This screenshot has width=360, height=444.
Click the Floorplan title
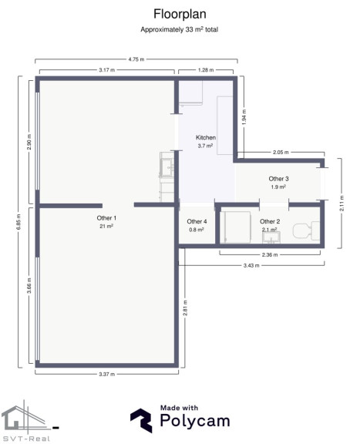(180, 14)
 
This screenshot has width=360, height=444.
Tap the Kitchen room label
(206, 138)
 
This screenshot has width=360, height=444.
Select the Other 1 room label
(106, 218)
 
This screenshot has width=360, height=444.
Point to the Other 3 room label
(278, 179)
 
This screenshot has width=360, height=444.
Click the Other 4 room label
(197, 221)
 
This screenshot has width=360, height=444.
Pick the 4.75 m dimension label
(136, 59)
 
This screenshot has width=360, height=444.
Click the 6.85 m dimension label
(19, 222)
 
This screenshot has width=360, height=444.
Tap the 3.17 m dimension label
(107, 70)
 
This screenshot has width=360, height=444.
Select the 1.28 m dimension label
(206, 70)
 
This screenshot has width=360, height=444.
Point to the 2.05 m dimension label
(281, 153)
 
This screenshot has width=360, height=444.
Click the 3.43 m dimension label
(251, 266)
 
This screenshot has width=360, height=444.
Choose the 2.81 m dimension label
(185, 308)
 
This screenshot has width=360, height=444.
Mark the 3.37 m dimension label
(107, 375)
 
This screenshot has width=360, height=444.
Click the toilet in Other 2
(307, 231)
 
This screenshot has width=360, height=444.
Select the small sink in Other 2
(271, 237)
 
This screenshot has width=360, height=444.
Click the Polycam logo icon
(141, 421)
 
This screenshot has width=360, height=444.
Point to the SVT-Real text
(25, 439)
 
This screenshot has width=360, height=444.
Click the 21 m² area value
(106, 227)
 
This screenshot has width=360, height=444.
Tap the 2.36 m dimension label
(270, 255)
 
